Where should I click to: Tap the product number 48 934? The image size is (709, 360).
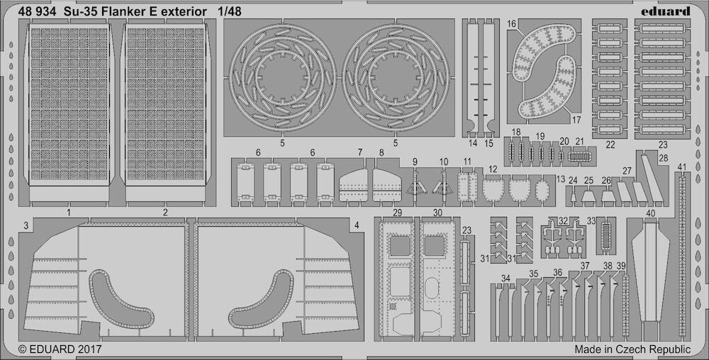(38, 12)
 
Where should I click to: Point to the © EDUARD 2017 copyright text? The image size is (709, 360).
(60, 349)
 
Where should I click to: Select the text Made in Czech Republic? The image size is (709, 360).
(632, 349)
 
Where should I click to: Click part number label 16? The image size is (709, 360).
(511, 24)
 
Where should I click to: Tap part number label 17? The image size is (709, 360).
(576, 120)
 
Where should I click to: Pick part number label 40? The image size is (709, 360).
(651, 213)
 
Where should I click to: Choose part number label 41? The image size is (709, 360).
(682, 167)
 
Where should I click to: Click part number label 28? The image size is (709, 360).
(664, 158)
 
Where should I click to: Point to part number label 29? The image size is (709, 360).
(398, 213)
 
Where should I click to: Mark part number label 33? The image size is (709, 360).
(591, 221)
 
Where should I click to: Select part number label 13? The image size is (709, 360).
(561, 179)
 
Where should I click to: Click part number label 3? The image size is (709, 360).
(26, 225)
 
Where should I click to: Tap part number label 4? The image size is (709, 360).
(357, 225)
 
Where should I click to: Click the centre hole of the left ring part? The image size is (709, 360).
(281, 78)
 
